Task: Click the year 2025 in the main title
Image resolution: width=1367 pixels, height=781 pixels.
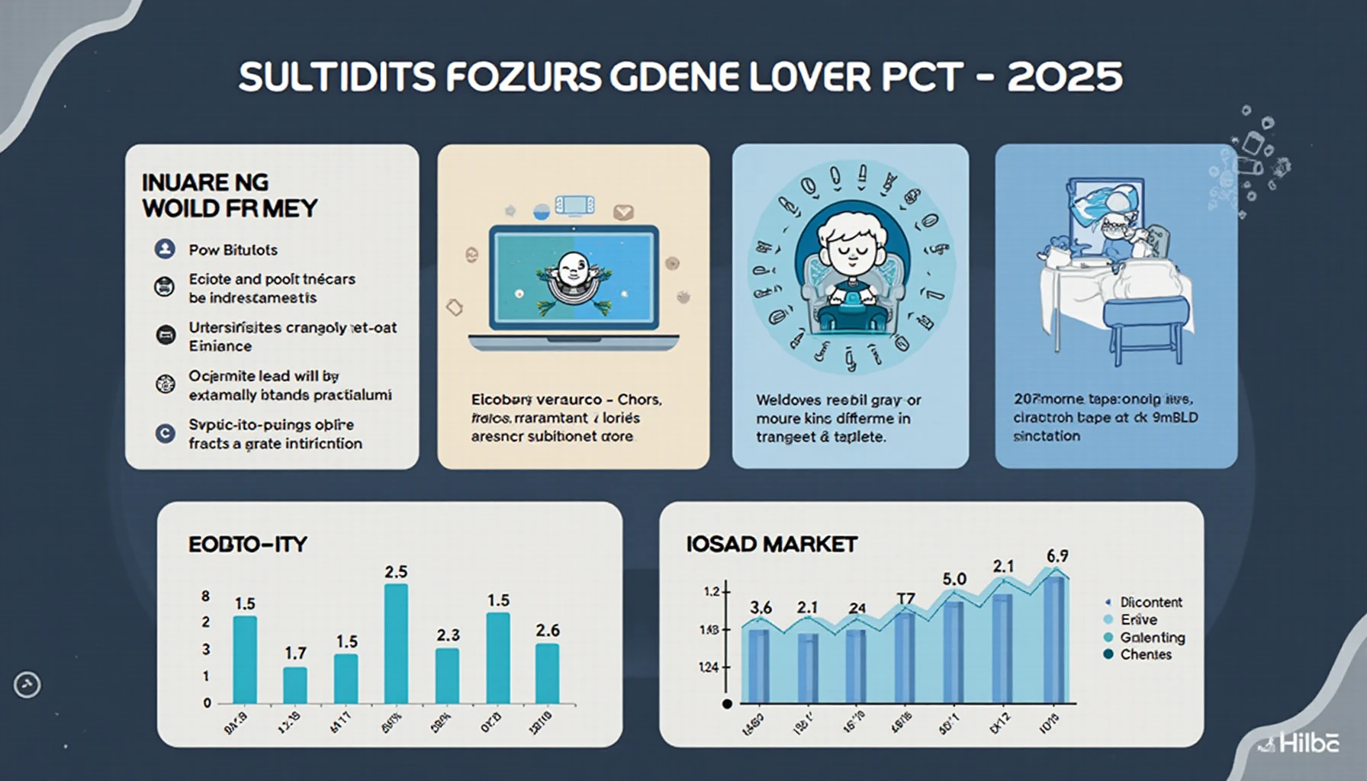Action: (x=1064, y=77)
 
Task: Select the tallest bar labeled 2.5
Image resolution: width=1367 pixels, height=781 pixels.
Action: (x=395, y=643)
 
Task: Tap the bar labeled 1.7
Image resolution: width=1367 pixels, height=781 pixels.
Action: (x=295, y=685)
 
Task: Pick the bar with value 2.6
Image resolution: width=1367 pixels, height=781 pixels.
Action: (x=547, y=673)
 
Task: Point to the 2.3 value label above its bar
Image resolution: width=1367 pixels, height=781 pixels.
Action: (x=448, y=635)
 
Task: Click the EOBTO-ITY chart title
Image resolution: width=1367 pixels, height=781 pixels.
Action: (x=247, y=545)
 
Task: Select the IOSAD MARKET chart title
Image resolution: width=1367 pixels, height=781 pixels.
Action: (x=771, y=544)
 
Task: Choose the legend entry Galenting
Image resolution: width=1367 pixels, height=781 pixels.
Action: (x=1152, y=638)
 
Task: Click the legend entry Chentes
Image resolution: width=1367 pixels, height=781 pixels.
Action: (x=1145, y=654)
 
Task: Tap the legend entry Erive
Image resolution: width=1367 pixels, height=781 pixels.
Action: (x=1138, y=620)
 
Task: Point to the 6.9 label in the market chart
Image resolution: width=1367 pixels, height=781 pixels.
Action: (x=1057, y=556)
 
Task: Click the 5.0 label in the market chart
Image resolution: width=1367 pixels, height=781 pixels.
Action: (x=954, y=579)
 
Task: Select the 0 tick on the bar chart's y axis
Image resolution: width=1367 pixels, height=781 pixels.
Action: (x=207, y=703)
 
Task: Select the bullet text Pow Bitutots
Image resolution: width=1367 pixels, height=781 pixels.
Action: (x=233, y=249)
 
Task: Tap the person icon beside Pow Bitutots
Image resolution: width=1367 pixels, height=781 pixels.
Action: (x=164, y=249)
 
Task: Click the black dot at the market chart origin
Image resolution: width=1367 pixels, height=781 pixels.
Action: (x=727, y=703)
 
